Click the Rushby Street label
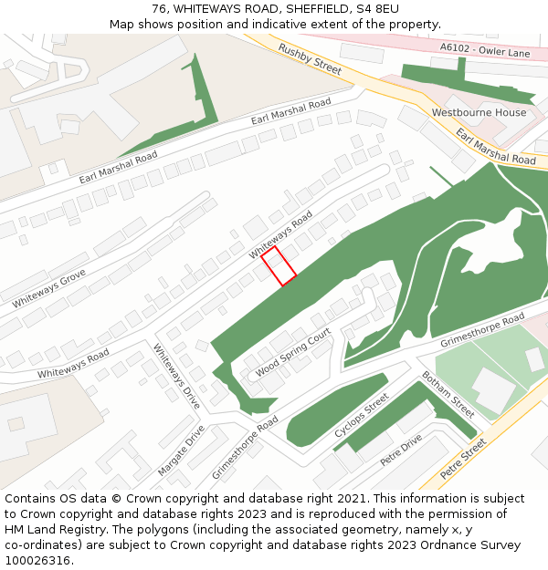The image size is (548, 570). click(311, 59)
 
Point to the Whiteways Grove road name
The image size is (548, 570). click(49, 288)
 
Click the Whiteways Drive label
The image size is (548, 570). click(176, 375)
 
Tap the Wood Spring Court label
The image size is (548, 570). click(292, 354)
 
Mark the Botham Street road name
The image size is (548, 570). click(448, 395)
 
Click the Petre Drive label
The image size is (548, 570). click(401, 450)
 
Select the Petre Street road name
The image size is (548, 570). click(463, 459)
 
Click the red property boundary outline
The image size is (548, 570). click(279, 265)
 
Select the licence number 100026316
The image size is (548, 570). click(38, 561)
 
